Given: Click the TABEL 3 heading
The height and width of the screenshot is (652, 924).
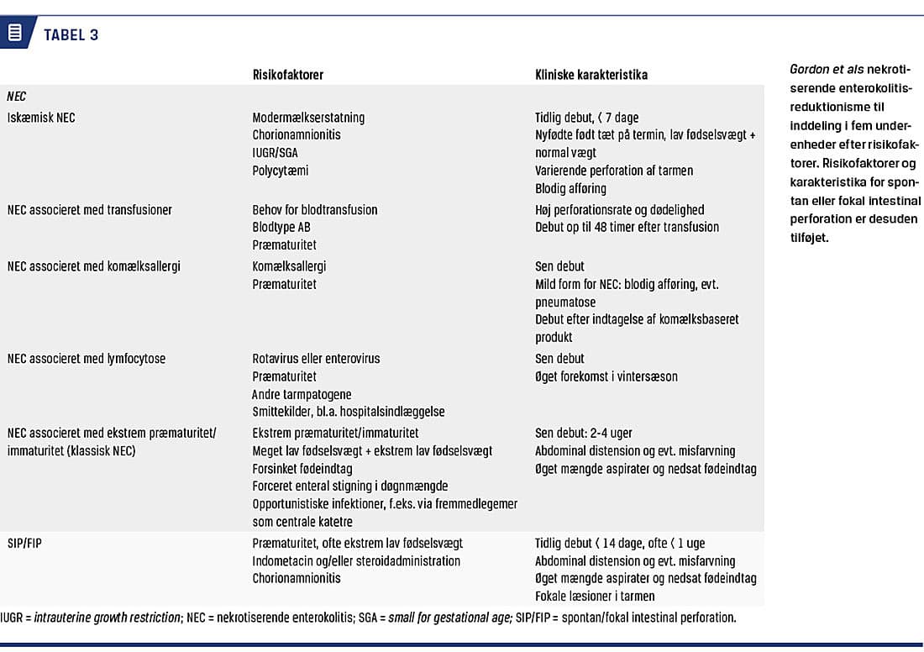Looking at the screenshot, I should [x=71, y=34].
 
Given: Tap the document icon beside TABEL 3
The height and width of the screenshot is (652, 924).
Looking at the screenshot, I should [x=15, y=34].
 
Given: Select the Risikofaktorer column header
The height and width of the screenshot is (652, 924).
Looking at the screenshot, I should [x=287, y=75].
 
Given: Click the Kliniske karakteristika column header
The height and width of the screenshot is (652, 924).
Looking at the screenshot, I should [x=591, y=75].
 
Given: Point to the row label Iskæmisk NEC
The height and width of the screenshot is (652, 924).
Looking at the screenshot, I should [x=41, y=118].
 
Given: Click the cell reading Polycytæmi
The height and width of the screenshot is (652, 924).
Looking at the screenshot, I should [x=281, y=171].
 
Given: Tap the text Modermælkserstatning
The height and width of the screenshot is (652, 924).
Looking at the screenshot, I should [x=308, y=118].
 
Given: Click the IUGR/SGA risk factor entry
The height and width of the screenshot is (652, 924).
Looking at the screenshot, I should [x=275, y=153].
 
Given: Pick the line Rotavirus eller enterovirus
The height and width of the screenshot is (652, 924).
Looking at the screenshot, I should [x=316, y=359].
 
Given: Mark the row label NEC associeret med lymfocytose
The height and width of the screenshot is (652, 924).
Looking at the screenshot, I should [x=87, y=359].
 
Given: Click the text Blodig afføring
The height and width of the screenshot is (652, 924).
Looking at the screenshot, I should [x=570, y=188].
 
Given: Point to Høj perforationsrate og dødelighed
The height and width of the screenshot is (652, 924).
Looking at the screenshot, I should [x=619, y=210].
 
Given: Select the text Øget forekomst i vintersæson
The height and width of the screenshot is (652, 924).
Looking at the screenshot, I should [x=606, y=376].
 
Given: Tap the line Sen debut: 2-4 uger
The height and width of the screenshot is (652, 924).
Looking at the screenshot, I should [x=584, y=434].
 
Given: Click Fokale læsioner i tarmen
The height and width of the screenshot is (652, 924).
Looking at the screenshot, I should [x=595, y=596].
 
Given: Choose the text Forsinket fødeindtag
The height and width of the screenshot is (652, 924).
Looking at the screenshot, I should [x=302, y=469].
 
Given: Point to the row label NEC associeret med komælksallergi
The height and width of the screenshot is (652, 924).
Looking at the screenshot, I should [x=94, y=266].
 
